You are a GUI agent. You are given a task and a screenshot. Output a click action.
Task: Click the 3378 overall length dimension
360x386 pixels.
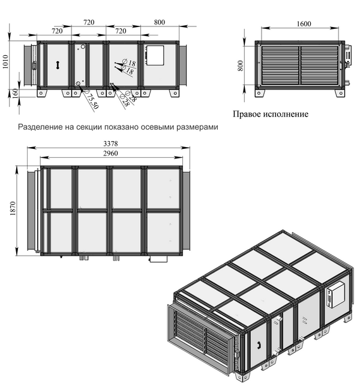tap(110, 143)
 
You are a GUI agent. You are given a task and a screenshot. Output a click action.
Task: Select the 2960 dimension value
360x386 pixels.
tap(110, 153)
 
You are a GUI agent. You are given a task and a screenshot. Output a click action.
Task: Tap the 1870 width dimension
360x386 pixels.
tap(13, 208)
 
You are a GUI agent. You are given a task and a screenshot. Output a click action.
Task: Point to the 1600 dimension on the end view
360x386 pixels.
tap(304, 23)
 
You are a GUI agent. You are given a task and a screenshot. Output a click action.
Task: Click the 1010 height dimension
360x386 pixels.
tap(5, 62)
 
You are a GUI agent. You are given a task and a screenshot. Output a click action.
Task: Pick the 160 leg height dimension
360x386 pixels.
tap(15, 93)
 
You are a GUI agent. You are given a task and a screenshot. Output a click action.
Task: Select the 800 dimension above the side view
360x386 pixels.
tap(160, 22)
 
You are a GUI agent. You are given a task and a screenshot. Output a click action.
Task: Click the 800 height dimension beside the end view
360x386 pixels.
tap(241, 65)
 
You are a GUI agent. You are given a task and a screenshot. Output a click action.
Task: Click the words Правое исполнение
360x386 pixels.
tap(271, 114)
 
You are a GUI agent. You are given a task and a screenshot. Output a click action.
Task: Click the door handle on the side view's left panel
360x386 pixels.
tap(58, 65)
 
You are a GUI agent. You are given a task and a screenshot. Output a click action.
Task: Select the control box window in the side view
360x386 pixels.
tap(154, 55)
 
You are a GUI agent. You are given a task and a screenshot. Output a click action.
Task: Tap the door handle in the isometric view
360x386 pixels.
tap(259, 345)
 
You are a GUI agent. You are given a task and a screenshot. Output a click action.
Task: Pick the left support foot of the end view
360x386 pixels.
tap(259, 93)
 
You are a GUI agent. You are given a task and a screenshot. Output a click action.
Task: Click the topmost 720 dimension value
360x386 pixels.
tap(89, 22)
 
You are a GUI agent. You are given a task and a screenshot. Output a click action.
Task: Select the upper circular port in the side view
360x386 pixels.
tap(83, 46)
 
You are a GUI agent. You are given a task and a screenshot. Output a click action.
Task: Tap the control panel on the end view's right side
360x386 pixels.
tap(348, 56)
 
